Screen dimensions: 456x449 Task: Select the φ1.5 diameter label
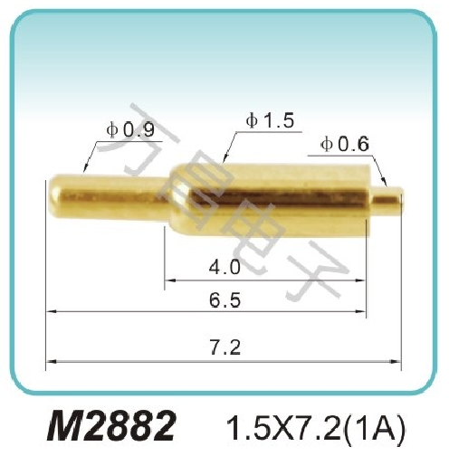tap(269, 119)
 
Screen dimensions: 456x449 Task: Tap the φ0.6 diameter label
tap(345, 143)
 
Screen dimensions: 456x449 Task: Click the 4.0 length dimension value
tap(224, 268)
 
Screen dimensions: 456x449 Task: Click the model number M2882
tap(112, 424)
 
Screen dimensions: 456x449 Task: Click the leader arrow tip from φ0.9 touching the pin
tap(83, 172)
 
